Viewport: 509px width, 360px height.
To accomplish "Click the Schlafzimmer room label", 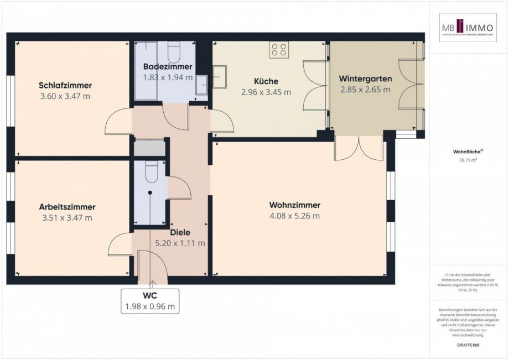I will [65, 85].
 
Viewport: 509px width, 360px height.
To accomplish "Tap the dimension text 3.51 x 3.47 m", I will [67, 217].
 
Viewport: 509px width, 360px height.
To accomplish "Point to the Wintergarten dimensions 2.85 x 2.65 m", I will [365, 89].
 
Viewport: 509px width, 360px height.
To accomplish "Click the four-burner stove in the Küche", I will [278, 50].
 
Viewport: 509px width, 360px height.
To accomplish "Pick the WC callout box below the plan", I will [150, 301].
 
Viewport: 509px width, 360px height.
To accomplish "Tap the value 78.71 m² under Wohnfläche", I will [468, 160].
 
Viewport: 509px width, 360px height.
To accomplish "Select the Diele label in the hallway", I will [180, 232].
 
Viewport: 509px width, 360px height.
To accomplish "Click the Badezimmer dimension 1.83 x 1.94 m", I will [168, 77].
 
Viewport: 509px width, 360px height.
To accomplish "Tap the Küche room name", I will [266, 81].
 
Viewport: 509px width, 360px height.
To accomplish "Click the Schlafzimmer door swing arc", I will [118, 123].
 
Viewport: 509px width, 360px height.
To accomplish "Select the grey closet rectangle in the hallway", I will [150, 148].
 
